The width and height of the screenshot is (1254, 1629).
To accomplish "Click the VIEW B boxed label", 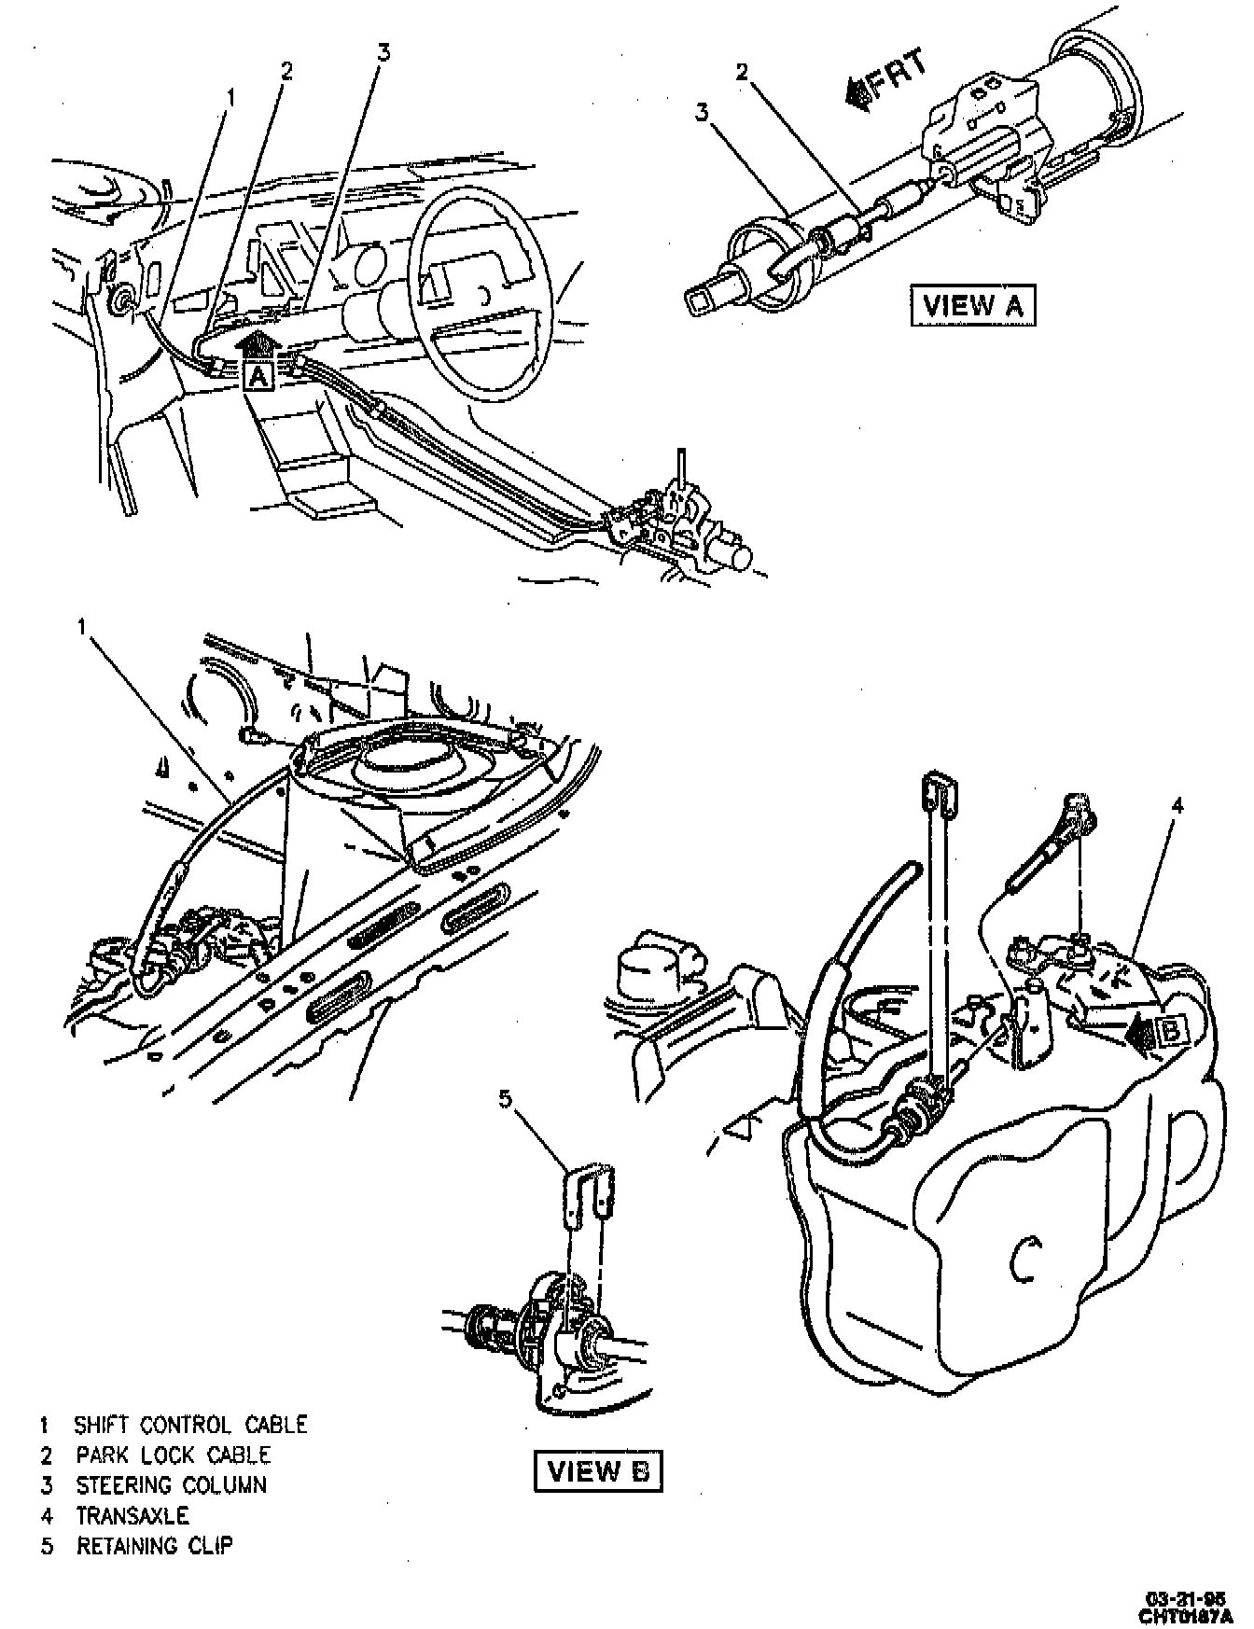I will coord(598,1472).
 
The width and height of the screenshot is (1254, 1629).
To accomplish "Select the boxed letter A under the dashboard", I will coord(257,376).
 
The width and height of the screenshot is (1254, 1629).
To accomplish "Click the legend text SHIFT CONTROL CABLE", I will coord(190,1425).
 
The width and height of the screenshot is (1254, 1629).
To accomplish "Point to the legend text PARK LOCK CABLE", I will coord(173,1455).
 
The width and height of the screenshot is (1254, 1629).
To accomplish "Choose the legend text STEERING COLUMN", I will coord(171,1484).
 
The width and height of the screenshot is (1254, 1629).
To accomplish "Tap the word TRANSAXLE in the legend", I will coord(132,1514).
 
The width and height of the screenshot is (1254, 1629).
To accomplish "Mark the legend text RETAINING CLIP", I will coord(154,1545).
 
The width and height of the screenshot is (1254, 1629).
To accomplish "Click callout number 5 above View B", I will coord(506,1100).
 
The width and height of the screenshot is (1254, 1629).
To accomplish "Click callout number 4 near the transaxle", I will coord(1177,806).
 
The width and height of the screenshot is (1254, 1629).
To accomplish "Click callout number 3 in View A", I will coord(702,113).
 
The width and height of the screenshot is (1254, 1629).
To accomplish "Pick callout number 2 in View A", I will coord(743,72).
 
